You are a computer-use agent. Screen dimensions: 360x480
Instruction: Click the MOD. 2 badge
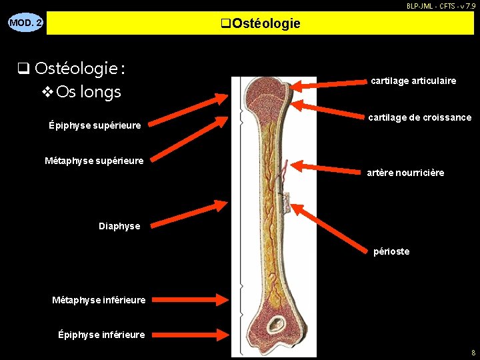pyautogui.click(x=25, y=23)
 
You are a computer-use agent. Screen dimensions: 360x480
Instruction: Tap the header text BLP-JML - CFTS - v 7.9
pyautogui.click(x=441, y=5)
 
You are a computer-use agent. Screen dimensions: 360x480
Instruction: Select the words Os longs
pyautogui.click(x=89, y=91)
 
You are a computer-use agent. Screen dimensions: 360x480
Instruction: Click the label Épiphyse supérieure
pyautogui.click(x=95, y=125)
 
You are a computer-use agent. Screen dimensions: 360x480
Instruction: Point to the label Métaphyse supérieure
pyautogui.click(x=94, y=161)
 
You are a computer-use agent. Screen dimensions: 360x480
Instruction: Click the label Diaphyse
pyautogui.click(x=119, y=226)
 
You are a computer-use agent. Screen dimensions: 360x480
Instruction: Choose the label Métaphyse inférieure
pyautogui.click(x=99, y=300)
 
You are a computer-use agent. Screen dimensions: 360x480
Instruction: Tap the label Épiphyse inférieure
pyautogui.click(x=101, y=335)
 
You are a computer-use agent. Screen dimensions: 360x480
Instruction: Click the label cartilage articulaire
pyautogui.click(x=413, y=81)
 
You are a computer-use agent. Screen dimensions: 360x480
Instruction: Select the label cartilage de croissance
pyautogui.click(x=420, y=117)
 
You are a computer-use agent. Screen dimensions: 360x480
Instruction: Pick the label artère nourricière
pyautogui.click(x=405, y=173)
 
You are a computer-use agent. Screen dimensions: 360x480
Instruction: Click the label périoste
pyautogui.click(x=391, y=251)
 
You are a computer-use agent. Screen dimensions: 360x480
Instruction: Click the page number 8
pyautogui.click(x=473, y=352)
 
